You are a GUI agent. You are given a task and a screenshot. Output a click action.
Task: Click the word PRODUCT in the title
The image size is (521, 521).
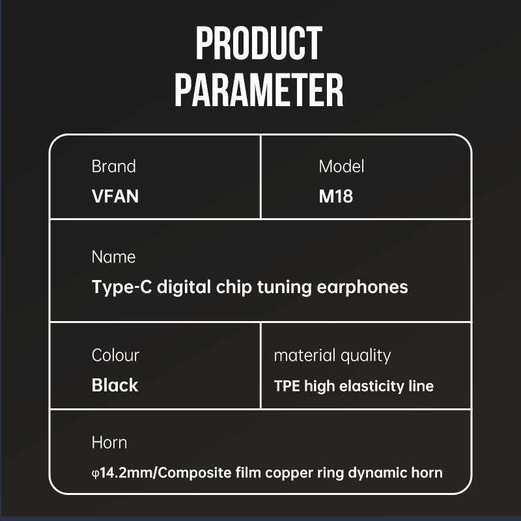(x=259, y=43)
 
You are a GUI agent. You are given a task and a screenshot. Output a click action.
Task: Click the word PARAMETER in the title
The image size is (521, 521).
(x=259, y=90)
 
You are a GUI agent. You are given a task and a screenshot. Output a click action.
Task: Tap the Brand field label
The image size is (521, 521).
(x=113, y=166)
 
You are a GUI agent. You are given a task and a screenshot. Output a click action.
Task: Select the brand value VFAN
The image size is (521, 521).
(x=115, y=196)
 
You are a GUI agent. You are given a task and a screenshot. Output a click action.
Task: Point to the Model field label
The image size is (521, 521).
(x=341, y=166)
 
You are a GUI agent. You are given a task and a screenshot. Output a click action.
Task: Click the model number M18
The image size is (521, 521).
(x=335, y=196)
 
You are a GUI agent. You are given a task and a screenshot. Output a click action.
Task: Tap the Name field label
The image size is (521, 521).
(x=113, y=257)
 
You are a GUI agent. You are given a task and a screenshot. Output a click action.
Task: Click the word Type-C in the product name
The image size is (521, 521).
(x=122, y=287)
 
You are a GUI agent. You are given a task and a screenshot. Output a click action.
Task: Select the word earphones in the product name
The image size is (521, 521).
(x=362, y=287)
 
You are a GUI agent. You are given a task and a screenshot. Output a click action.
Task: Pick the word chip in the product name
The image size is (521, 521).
(x=234, y=287)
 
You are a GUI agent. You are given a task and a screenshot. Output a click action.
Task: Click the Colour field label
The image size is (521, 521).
(x=115, y=355)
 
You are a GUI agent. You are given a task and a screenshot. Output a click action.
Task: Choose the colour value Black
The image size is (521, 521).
(x=115, y=385)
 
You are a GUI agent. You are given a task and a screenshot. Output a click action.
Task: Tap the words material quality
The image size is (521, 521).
(x=332, y=356)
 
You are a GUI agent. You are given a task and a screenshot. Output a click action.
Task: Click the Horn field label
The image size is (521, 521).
(x=109, y=443)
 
